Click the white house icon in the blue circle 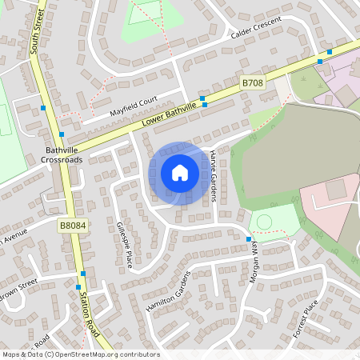(179, 173)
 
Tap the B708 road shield (252, 82)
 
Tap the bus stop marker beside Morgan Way (249, 239)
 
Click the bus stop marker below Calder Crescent (319, 61)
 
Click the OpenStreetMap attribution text (80, 354)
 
